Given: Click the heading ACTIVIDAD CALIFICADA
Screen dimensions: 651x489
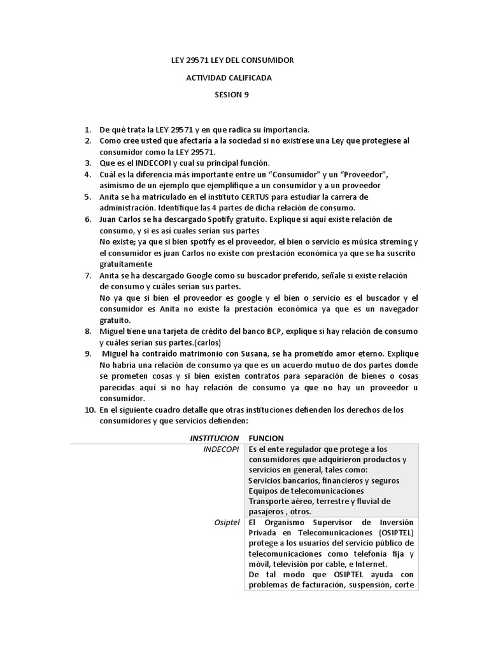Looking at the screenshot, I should [x=228, y=78].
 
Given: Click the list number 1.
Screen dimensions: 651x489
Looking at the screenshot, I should [x=88, y=130].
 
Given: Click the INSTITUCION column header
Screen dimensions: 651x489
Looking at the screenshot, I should [x=215, y=438].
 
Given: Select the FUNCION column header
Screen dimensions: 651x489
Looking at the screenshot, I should [x=266, y=438].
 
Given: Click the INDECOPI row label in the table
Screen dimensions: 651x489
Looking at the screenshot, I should [x=221, y=449].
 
